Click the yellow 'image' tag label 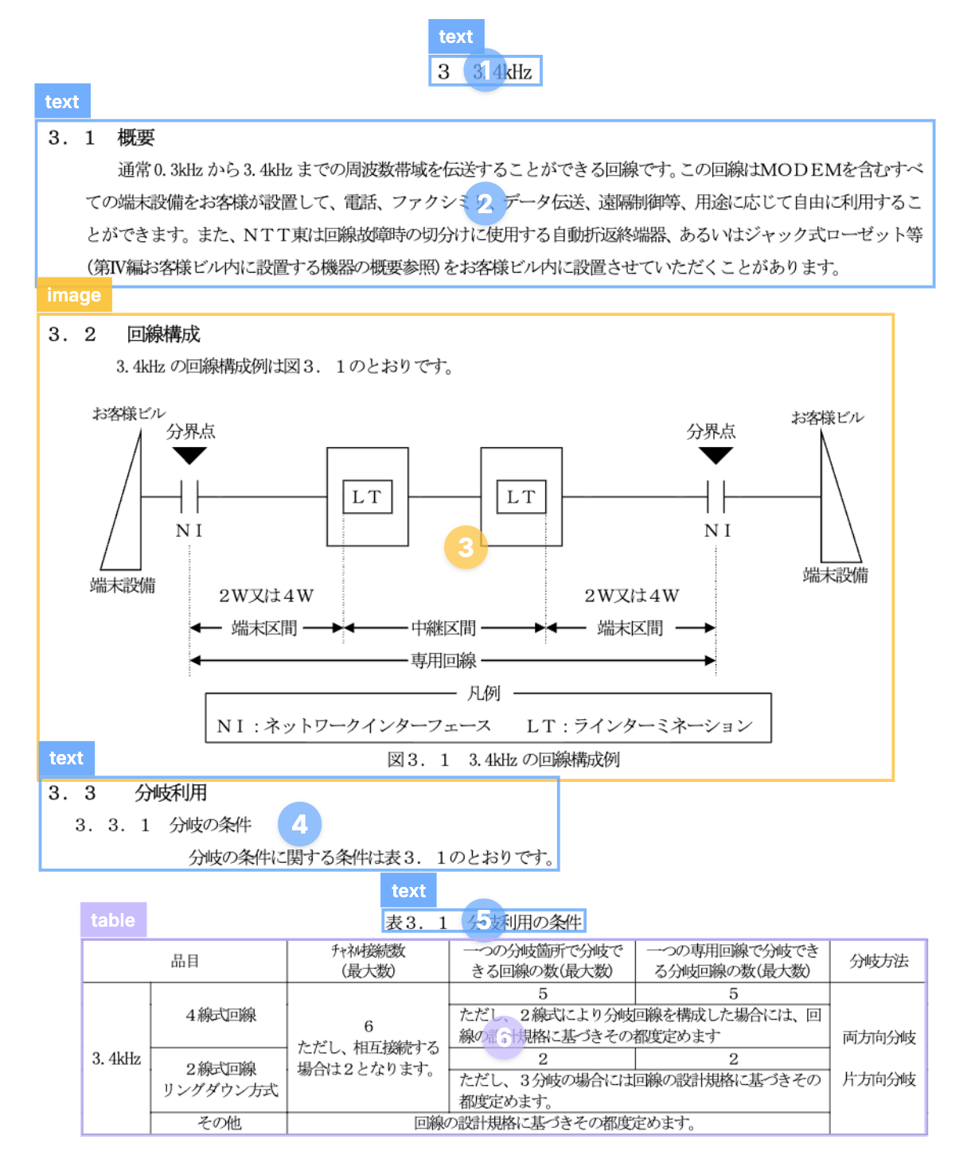pyautogui.click(x=74, y=295)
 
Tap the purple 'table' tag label pyautogui.click(x=113, y=920)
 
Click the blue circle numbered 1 pyautogui.click(x=485, y=71)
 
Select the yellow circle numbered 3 pyautogui.click(x=466, y=547)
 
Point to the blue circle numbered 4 pyautogui.click(x=299, y=824)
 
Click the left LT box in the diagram pyautogui.click(x=367, y=497)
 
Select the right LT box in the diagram pyautogui.click(x=521, y=497)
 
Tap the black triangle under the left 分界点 pyautogui.click(x=189, y=456)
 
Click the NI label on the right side pyautogui.click(x=717, y=531)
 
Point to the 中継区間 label pyautogui.click(x=443, y=628)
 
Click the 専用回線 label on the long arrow pyautogui.click(x=443, y=661)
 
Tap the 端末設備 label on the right pyautogui.click(x=835, y=575)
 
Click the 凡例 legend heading pyautogui.click(x=483, y=694)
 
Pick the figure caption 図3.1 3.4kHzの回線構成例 pyautogui.click(x=503, y=760)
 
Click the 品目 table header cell pyautogui.click(x=185, y=961)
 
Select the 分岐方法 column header pyautogui.click(x=879, y=961)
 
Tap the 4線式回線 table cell pyautogui.click(x=220, y=1015)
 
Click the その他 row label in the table pyautogui.click(x=219, y=1123)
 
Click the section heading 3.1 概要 pyautogui.click(x=101, y=138)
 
